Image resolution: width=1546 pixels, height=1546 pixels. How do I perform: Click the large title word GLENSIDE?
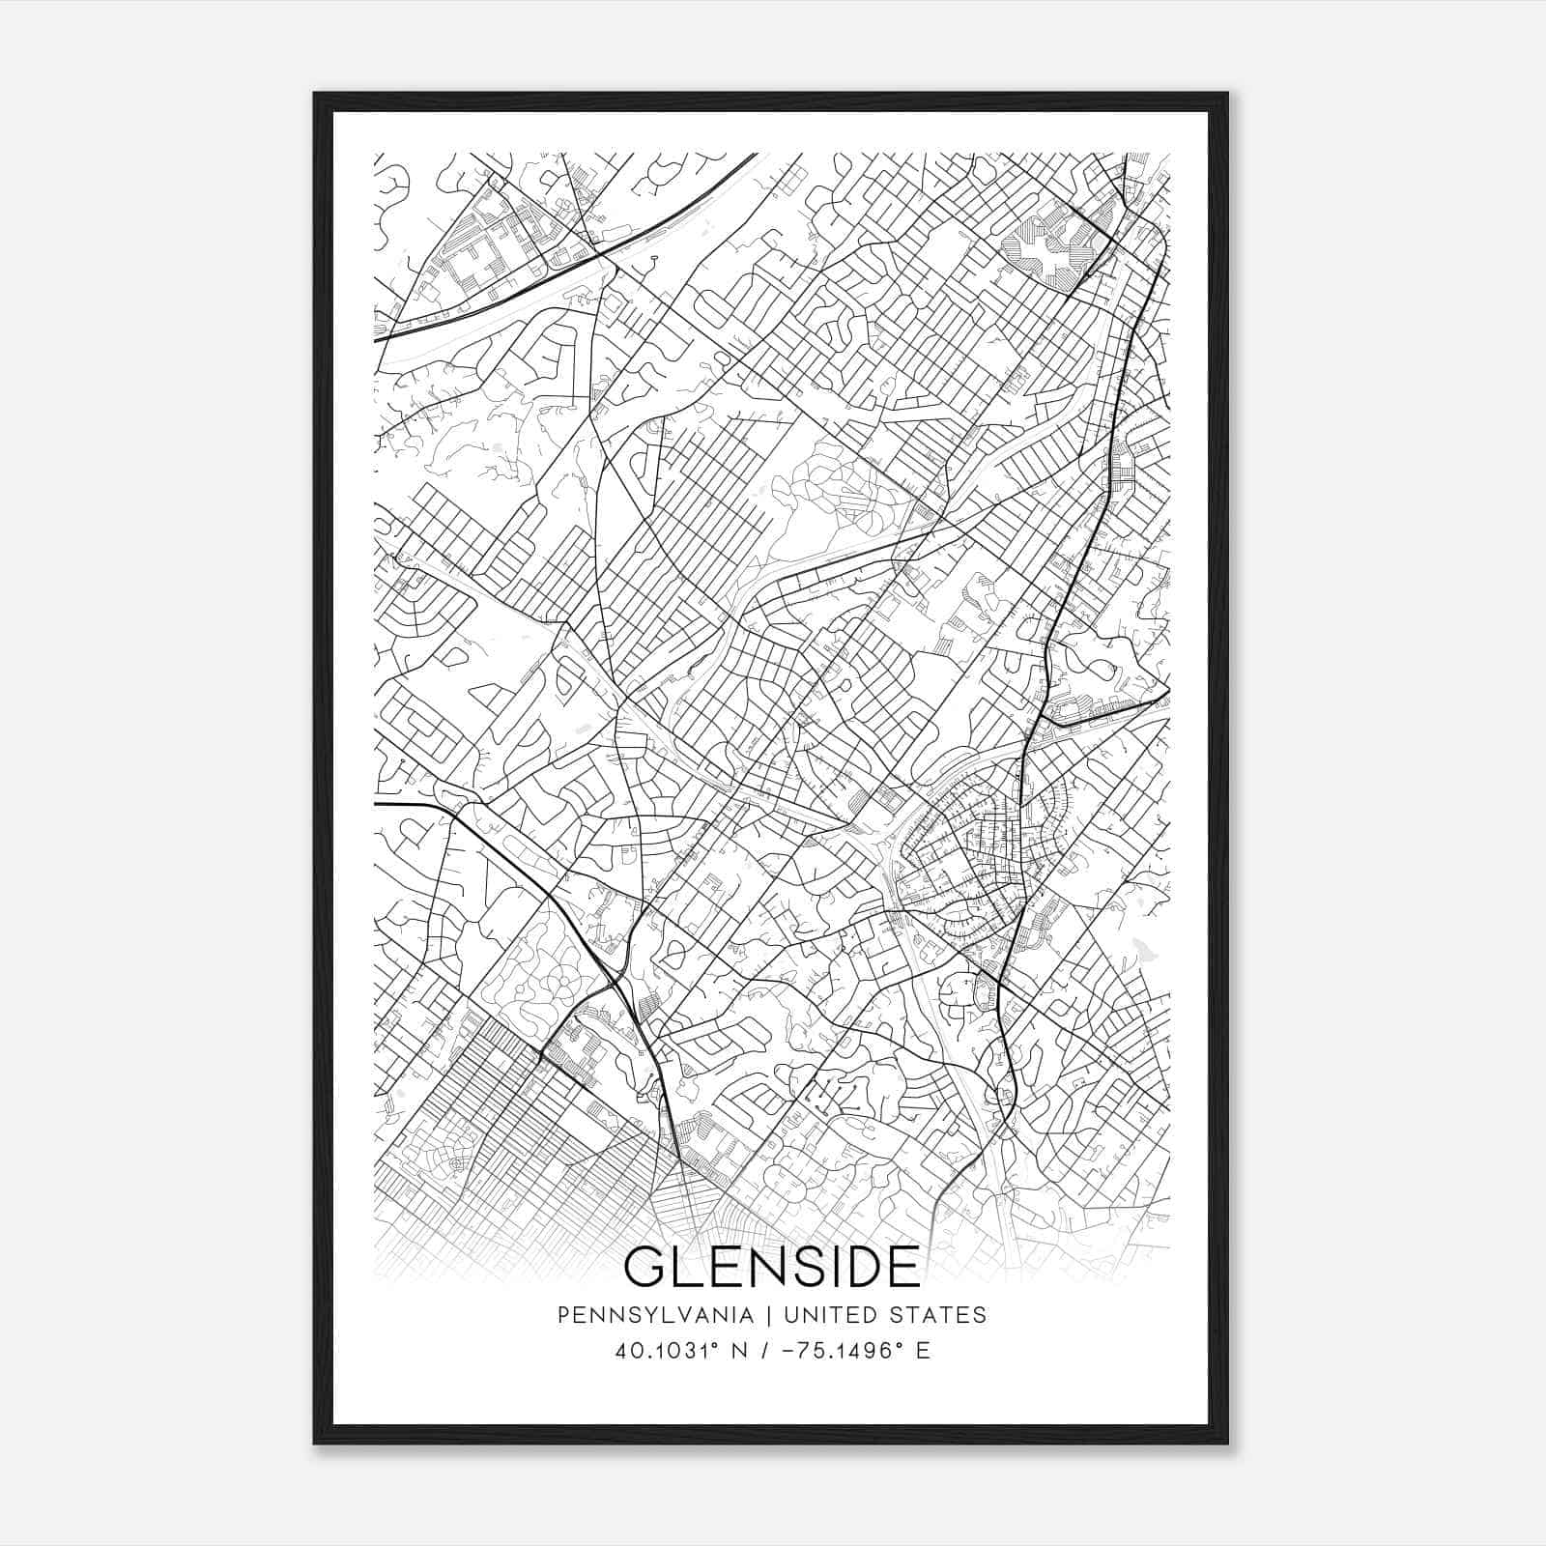tap(772, 1267)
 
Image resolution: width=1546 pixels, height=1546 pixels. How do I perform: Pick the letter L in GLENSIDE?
tap(688, 1267)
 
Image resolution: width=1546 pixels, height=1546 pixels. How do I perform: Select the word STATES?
tap(943, 1315)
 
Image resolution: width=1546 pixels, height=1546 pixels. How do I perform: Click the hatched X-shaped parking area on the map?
tap(1047, 244)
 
